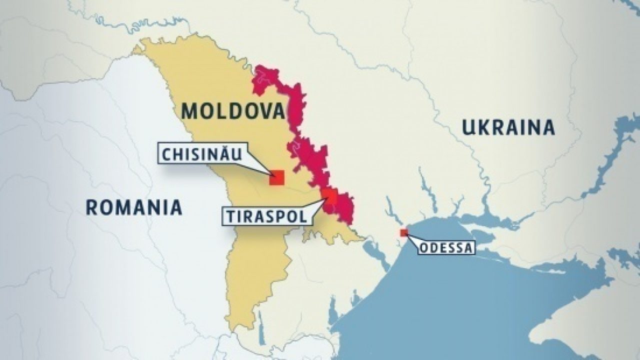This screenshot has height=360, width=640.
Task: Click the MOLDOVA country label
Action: pos(233,111)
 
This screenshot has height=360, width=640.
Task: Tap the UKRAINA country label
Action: pos(508,128)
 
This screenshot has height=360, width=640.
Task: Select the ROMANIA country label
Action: pos(133,207)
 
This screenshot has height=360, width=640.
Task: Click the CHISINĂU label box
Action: pos(201,153)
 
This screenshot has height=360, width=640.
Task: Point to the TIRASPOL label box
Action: pos(264,216)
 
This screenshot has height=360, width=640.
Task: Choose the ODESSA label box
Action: pos(445,247)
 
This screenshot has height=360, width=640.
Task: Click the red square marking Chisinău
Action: pos(276,177)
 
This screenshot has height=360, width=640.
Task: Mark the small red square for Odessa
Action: pos(403,232)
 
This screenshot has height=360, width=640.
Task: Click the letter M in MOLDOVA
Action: pos(189,111)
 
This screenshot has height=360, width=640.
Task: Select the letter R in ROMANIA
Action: pos(91,207)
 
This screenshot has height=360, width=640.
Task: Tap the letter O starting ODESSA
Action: pos(423,247)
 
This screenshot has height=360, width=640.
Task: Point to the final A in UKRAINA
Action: pos(548,128)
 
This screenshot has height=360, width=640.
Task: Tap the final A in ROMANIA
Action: pos(175,207)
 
